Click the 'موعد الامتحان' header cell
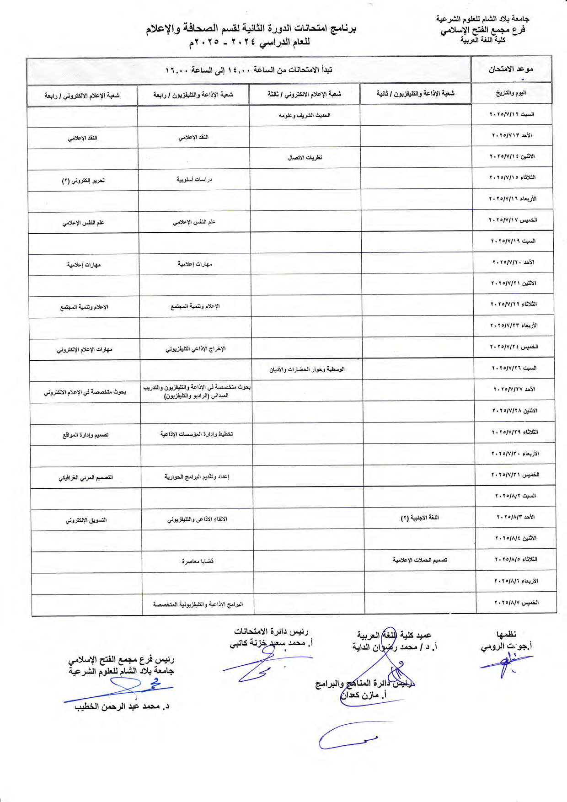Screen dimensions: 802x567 pyautogui.click(x=511, y=70)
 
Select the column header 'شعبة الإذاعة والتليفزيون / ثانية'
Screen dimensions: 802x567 pyautogui.click(x=415, y=94)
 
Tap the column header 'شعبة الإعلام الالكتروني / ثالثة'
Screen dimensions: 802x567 pyautogui.click(x=305, y=94)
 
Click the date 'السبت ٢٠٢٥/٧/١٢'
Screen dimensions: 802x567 pyautogui.click(x=512, y=114)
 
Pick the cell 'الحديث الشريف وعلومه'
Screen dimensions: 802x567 pyautogui.click(x=305, y=116)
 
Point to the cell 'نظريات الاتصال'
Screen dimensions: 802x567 pyautogui.click(x=305, y=158)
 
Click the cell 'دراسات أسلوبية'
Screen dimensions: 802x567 pyautogui.click(x=194, y=180)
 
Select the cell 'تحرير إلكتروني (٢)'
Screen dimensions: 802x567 pyautogui.click(x=83, y=181)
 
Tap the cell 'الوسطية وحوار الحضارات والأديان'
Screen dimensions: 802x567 pyautogui.click(x=307, y=369)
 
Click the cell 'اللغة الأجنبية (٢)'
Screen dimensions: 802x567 pyautogui.click(x=420, y=518)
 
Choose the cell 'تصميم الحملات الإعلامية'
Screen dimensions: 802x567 pyautogui.click(x=420, y=560)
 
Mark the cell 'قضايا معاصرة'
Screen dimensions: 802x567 pyautogui.click(x=198, y=561)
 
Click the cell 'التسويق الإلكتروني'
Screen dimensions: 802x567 pyautogui.click(x=86, y=520)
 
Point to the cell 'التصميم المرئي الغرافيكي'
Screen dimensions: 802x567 pyautogui.click(x=86, y=478)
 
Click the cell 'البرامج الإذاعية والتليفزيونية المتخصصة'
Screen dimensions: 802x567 pyautogui.click(x=198, y=604)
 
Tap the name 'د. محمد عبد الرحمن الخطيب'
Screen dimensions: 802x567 pyautogui.click(x=122, y=707)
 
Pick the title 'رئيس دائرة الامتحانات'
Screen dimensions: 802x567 pyautogui.click(x=271, y=632)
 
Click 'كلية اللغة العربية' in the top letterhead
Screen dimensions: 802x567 pyautogui.click(x=483, y=40)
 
